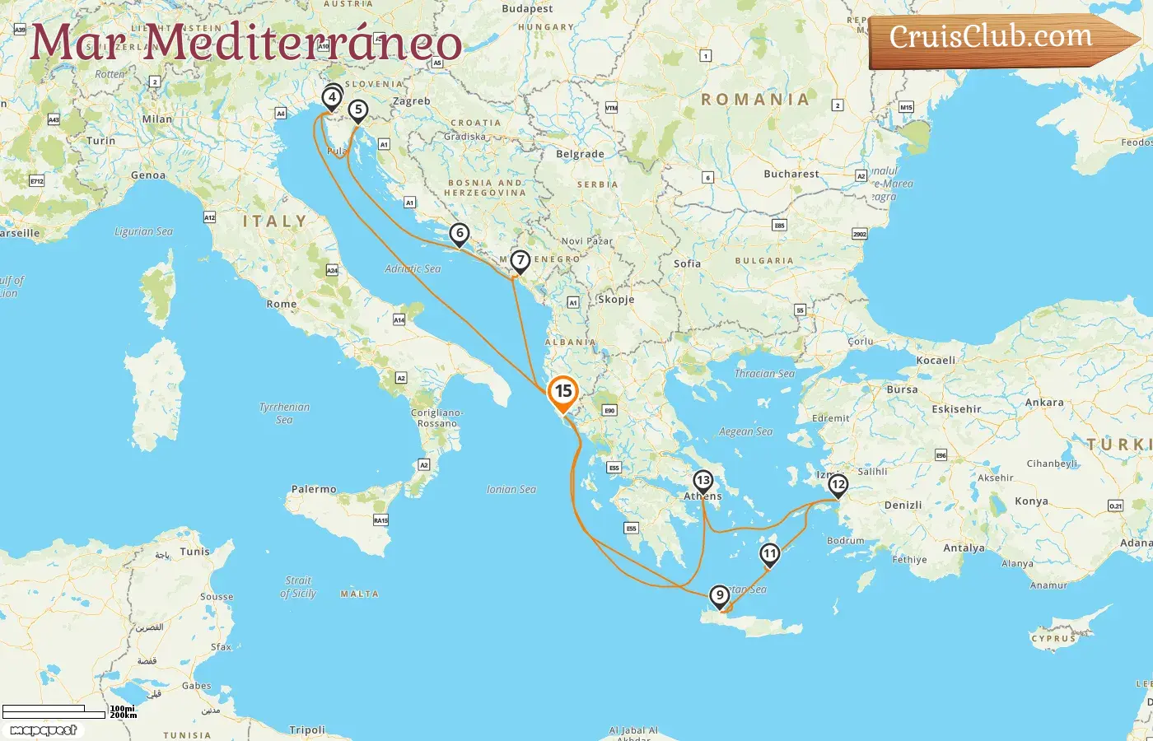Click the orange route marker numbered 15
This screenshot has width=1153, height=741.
[563, 392]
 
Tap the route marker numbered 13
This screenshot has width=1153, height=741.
[703, 481]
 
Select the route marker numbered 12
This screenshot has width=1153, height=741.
[838, 484]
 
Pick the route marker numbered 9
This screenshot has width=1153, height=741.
[720, 595]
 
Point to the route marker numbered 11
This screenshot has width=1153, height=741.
[769, 553]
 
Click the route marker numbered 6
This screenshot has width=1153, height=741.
[460, 234]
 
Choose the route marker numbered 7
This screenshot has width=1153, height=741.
[520, 261]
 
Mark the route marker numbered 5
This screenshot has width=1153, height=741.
[357, 110]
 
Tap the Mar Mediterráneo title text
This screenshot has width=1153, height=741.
[245, 43]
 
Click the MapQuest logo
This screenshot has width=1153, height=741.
[43, 729]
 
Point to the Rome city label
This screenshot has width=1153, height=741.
[281, 304]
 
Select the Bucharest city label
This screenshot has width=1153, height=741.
[791, 174]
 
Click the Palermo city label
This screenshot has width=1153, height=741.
[314, 489]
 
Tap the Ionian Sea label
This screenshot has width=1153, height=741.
[511, 489]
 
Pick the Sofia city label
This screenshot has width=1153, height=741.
[687, 263]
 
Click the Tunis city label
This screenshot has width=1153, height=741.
[194, 552]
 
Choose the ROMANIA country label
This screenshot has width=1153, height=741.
[754, 100]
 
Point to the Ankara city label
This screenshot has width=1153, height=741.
[1043, 403]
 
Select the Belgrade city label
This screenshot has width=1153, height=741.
[580, 154]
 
